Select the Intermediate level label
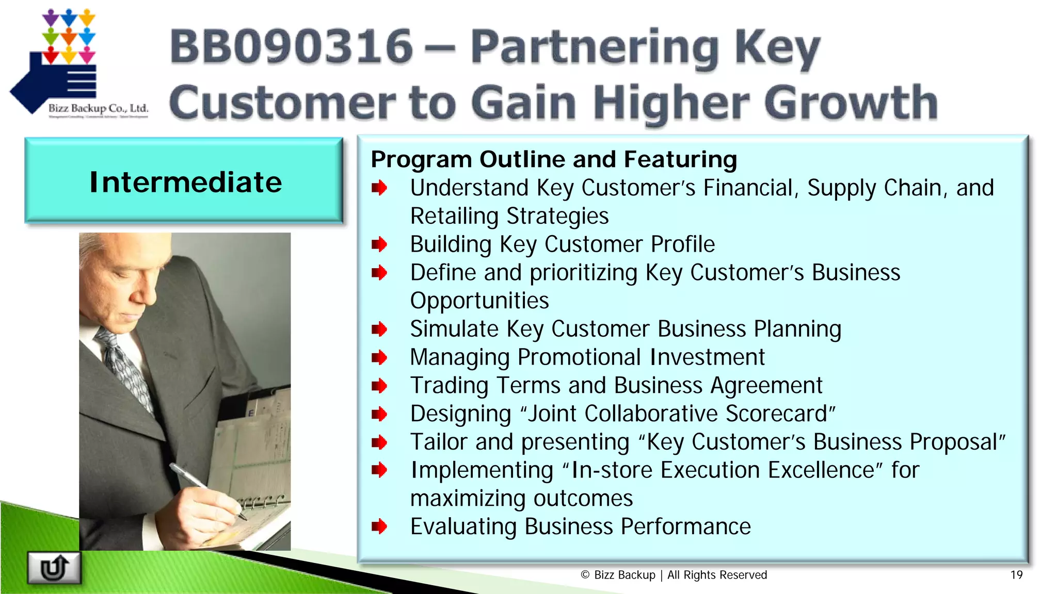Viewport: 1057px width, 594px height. (x=185, y=182)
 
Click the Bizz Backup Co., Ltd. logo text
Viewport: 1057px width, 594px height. (x=98, y=108)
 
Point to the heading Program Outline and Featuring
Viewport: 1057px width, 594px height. (x=554, y=159)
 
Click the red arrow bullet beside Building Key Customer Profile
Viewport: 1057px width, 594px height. (x=379, y=244)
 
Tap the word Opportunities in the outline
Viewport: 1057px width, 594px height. (x=479, y=301)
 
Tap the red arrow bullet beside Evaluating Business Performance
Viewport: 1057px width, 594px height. (x=379, y=526)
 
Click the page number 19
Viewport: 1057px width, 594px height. (x=1016, y=575)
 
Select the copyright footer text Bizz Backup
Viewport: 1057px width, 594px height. (x=624, y=575)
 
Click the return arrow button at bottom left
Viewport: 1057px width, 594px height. (x=54, y=568)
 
